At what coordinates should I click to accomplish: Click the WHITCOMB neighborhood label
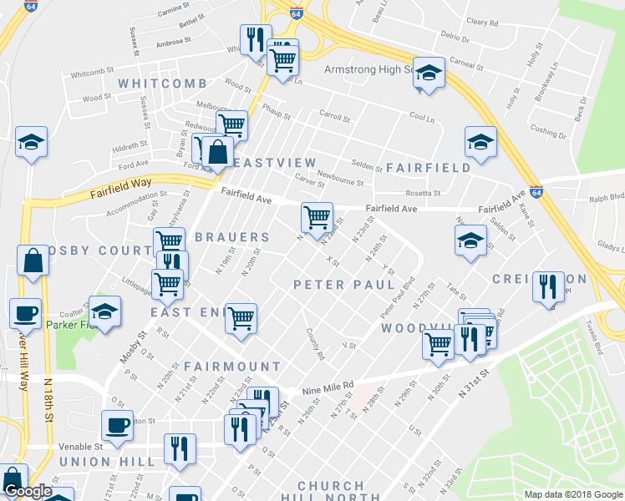tap(162, 83)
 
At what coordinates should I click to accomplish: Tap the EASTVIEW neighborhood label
tap(275, 162)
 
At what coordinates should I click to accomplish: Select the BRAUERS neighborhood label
tap(232, 237)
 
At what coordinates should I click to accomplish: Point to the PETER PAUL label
tap(344, 285)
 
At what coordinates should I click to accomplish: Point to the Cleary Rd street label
tap(482, 23)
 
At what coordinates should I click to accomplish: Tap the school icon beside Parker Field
tap(105, 311)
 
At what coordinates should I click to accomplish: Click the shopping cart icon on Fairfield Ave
tap(317, 217)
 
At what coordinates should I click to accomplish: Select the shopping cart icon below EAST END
tap(241, 317)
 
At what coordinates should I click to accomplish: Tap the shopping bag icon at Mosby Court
tap(32, 260)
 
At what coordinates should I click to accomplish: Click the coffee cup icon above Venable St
tap(116, 424)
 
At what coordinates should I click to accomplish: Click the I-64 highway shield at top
tap(297, 13)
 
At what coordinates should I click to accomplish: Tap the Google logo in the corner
tap(28, 492)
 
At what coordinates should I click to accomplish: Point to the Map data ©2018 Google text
tap(572, 493)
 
